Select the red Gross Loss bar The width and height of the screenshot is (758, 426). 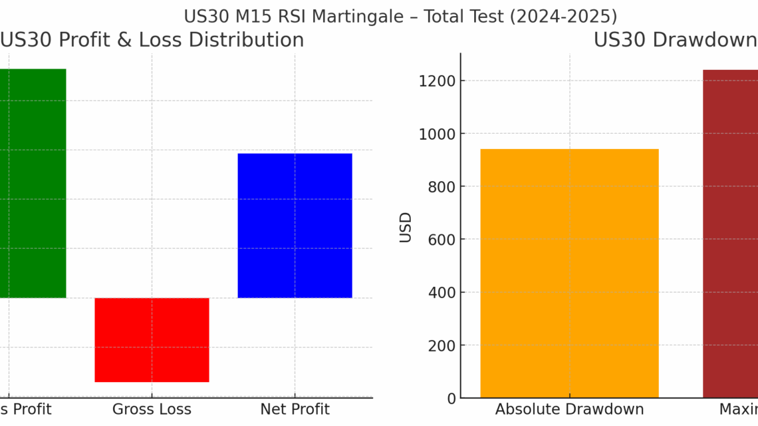(152, 339)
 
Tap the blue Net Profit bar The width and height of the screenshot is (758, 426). (295, 226)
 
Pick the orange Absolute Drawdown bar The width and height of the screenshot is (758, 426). (569, 273)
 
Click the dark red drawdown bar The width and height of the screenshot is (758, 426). (730, 233)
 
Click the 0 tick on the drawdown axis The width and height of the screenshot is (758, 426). (451, 399)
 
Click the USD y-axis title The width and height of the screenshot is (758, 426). (406, 227)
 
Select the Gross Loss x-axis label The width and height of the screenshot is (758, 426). (152, 409)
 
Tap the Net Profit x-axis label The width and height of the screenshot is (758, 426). (295, 409)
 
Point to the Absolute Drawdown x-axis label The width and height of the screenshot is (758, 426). (569, 409)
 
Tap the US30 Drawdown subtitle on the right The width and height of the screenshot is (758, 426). (675, 40)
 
